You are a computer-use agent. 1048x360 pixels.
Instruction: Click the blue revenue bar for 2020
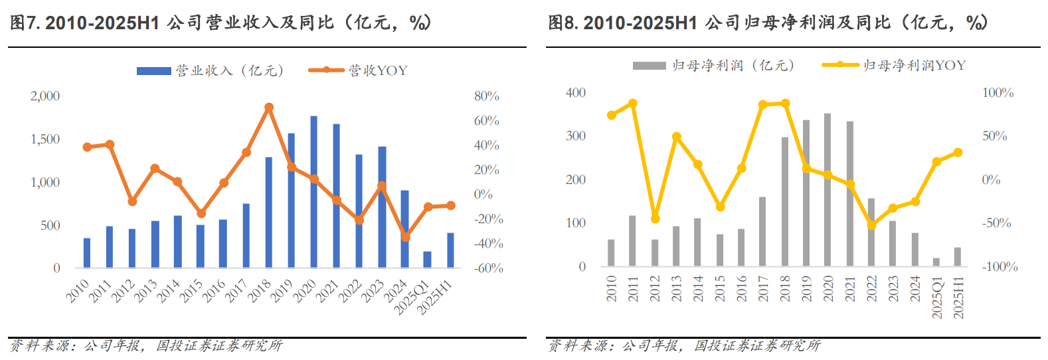313,193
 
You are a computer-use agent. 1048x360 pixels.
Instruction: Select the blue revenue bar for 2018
268,213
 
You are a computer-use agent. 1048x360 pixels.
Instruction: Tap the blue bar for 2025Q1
427,260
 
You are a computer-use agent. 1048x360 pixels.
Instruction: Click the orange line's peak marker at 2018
269,107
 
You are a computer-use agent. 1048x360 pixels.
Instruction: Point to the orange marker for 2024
406,236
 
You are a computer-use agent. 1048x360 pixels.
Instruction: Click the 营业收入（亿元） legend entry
211,70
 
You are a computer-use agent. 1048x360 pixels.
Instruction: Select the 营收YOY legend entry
359,70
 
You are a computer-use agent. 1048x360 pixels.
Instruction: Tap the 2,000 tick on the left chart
45,96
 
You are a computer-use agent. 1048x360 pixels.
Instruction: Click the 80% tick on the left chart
487,96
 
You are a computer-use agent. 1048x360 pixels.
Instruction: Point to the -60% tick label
488,268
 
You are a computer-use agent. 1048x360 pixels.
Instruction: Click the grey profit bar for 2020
828,190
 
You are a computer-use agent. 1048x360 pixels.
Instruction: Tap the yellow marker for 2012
655,219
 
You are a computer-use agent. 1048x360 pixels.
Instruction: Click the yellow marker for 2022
871,225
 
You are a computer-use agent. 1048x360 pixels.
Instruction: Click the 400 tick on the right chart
576,93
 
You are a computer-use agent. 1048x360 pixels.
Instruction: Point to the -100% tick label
1000,267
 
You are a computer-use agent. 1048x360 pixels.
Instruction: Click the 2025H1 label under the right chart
958,297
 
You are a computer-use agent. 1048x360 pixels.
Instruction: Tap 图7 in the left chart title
25,23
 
